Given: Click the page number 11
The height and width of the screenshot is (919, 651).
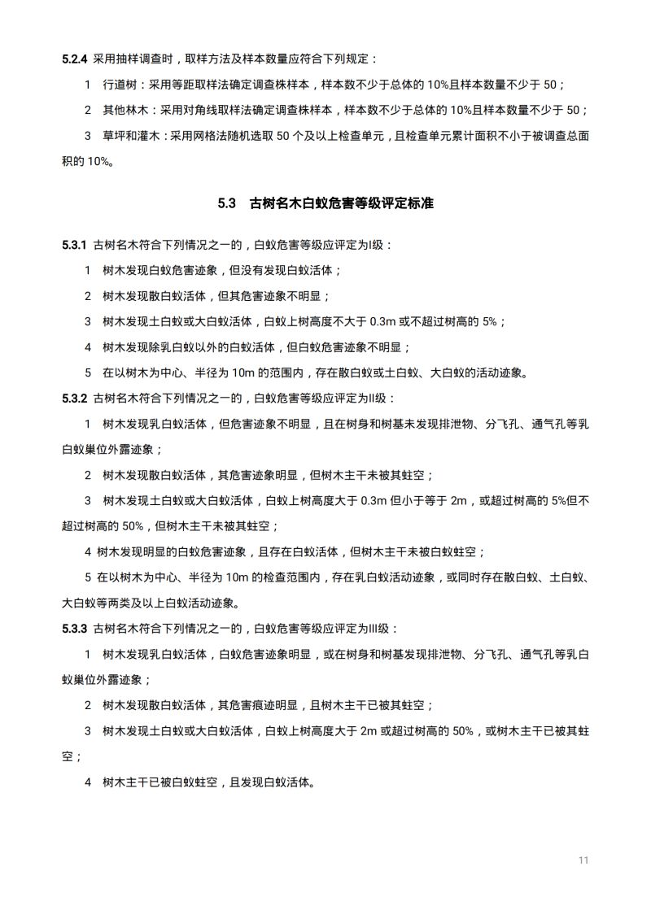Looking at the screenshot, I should click(583, 860).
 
